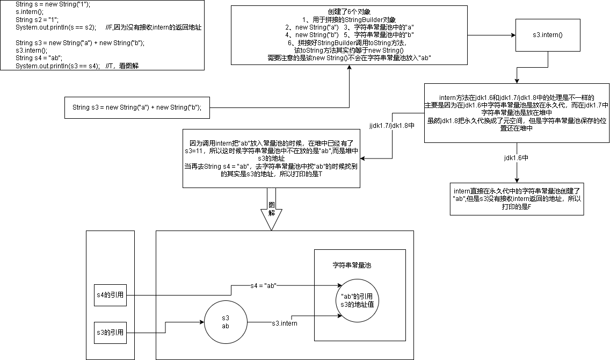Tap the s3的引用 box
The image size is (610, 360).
[x=109, y=333]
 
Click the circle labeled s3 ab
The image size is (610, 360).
[x=226, y=322]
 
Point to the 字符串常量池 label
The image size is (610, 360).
[x=352, y=265]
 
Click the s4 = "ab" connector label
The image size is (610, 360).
[x=263, y=285]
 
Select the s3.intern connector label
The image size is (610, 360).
[x=284, y=323]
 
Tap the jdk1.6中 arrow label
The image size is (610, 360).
[x=517, y=158]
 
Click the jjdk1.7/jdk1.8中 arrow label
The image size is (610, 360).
[x=392, y=125]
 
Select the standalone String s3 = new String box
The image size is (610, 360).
[x=137, y=107]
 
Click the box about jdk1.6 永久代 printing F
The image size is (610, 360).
[x=517, y=199]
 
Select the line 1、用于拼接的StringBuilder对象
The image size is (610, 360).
[x=349, y=19]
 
